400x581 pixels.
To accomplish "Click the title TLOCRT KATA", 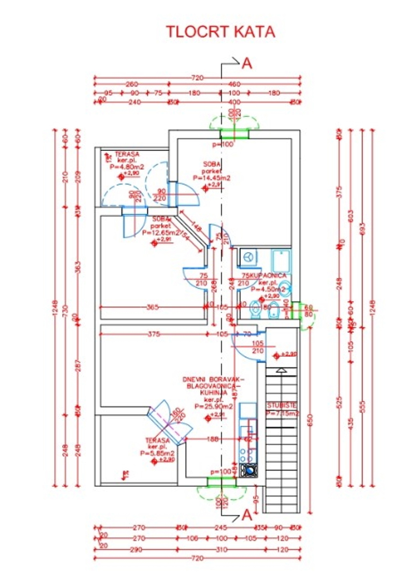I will pyautogui.click(x=220, y=32).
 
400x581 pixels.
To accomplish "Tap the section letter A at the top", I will pyautogui.click(x=247, y=63).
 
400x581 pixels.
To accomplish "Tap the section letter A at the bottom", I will pyautogui.click(x=247, y=515).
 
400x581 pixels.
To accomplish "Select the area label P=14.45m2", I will pyautogui.click(x=212, y=178).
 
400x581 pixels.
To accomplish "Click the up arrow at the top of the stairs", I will pyautogui.click(x=281, y=371).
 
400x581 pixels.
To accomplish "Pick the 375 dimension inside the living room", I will pyautogui.click(x=154, y=334).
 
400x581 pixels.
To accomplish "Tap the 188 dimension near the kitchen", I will pyautogui.click(x=213, y=439).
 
